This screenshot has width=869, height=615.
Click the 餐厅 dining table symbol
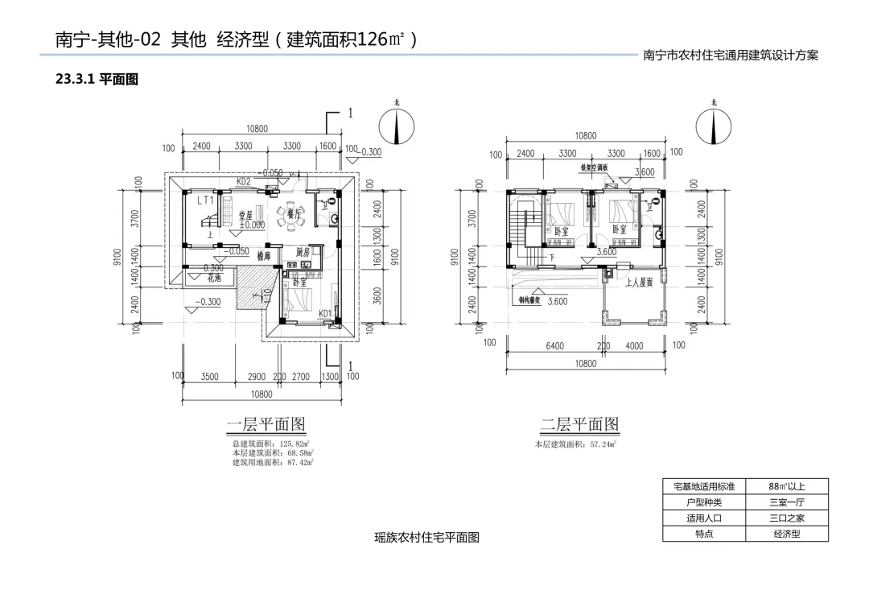coord(290,215)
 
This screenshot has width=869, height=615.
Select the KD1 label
coord(326,313)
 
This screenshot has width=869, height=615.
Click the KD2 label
coord(243,182)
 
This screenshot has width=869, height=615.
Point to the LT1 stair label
coord(206,200)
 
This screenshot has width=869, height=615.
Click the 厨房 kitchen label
coord(303,252)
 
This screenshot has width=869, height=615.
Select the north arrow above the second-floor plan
coord(714,126)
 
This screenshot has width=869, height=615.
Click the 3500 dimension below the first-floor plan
coord(210,376)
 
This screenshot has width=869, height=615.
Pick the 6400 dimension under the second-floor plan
coord(554,345)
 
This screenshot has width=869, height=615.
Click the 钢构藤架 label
coord(531,301)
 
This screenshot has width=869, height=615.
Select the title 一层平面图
coord(266,424)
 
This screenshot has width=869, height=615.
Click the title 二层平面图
coord(579,424)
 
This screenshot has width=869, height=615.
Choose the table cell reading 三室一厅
coord(786,502)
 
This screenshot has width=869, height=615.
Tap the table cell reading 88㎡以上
coord(786,486)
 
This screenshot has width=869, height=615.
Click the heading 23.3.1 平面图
coord(97,79)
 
